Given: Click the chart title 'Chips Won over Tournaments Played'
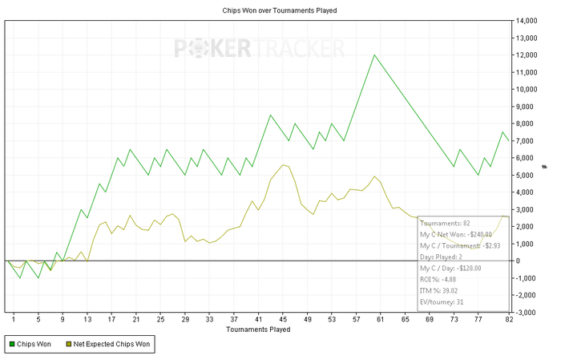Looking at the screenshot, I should click(x=280, y=10).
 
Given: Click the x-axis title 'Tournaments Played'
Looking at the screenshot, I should click(x=258, y=329).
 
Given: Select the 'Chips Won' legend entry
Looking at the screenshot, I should click(x=32, y=345).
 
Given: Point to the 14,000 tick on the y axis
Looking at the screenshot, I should click(x=528, y=21).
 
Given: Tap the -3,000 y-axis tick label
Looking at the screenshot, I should click(x=528, y=312).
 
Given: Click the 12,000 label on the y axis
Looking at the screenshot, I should click(x=528, y=55).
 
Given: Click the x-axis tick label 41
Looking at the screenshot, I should click(x=258, y=319).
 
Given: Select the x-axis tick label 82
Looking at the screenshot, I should click(x=508, y=319).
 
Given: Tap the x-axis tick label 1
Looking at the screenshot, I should click(x=14, y=319).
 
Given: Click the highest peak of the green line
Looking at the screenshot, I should click(x=374, y=55).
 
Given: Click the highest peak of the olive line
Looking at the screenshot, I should click(x=283, y=164).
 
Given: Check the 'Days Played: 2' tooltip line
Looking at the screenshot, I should click(x=442, y=257).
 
